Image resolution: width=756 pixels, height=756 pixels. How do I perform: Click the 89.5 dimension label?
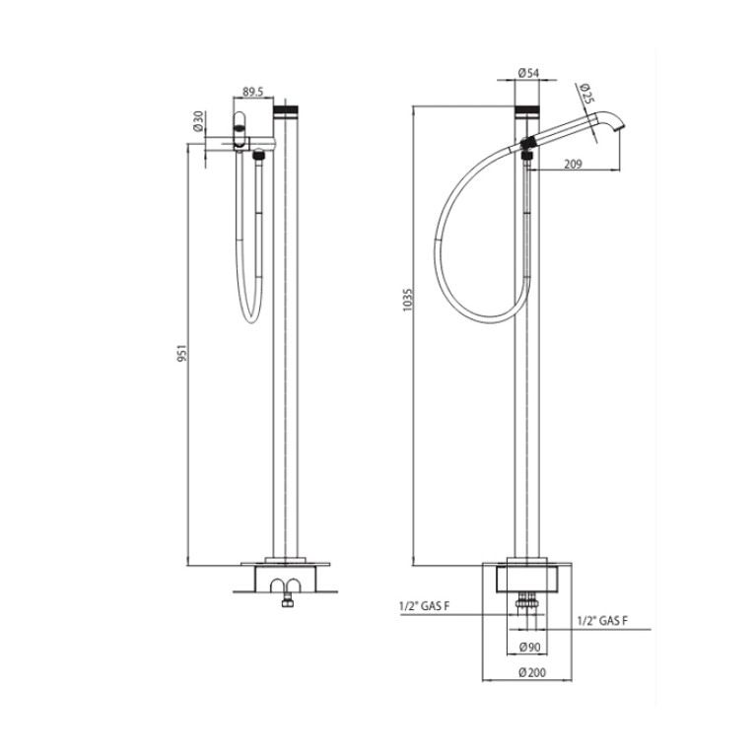point(252,92)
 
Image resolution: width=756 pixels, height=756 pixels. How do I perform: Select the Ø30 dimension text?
point(198,121)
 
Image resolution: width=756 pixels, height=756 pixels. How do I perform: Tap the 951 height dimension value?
point(181,354)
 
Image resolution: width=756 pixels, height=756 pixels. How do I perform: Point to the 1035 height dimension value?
point(408,300)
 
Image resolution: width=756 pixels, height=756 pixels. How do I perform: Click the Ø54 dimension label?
point(528,73)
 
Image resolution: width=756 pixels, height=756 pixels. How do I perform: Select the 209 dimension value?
point(573,164)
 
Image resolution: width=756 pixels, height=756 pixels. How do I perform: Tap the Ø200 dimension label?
point(532,672)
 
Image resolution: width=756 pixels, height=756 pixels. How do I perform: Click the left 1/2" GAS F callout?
point(424,606)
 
